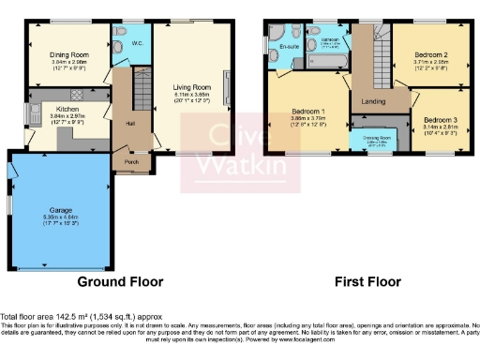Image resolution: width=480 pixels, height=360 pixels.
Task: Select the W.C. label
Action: (x=136, y=43)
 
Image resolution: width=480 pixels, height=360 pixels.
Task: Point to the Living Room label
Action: (x=191, y=88)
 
